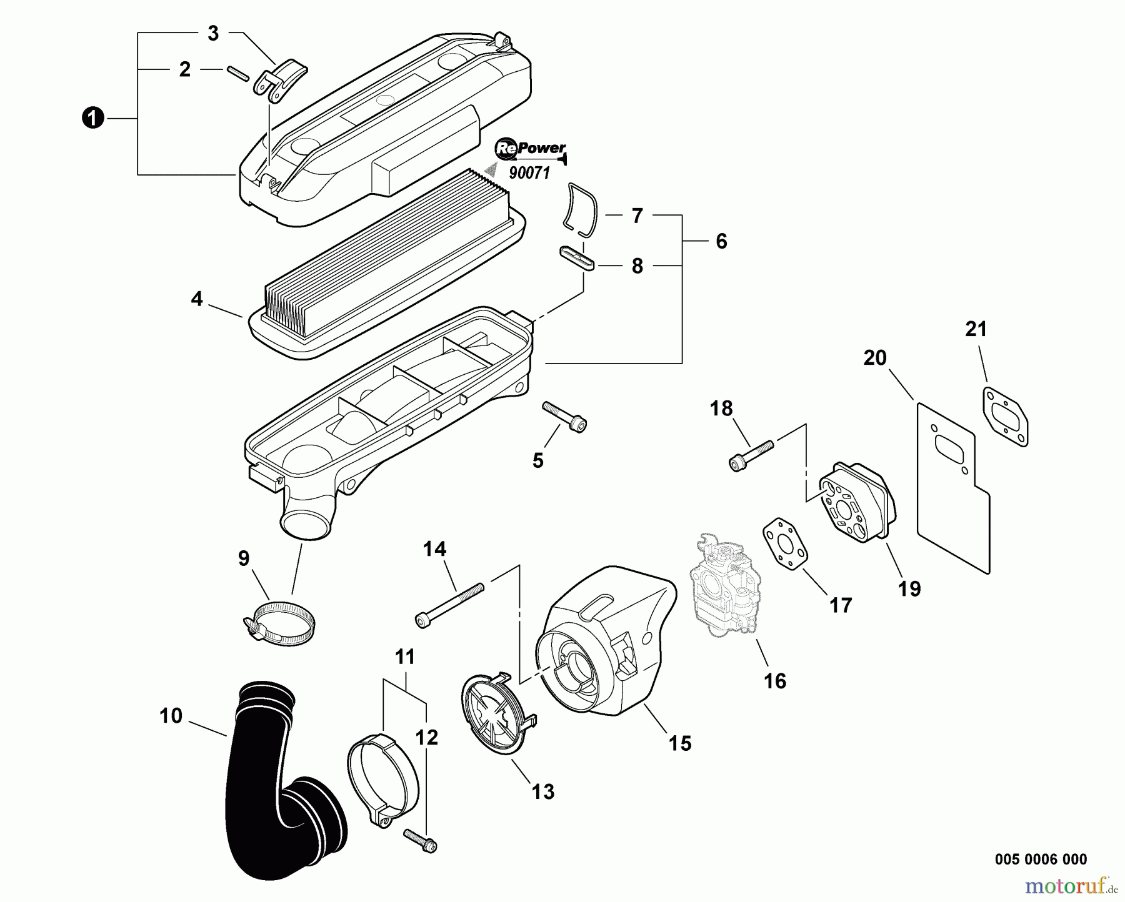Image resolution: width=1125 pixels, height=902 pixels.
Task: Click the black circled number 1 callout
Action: click(92, 118)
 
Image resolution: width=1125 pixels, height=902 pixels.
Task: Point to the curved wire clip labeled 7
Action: click(581, 209)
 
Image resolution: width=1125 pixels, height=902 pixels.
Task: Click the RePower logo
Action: click(530, 149)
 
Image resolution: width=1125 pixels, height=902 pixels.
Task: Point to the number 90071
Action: click(529, 173)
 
